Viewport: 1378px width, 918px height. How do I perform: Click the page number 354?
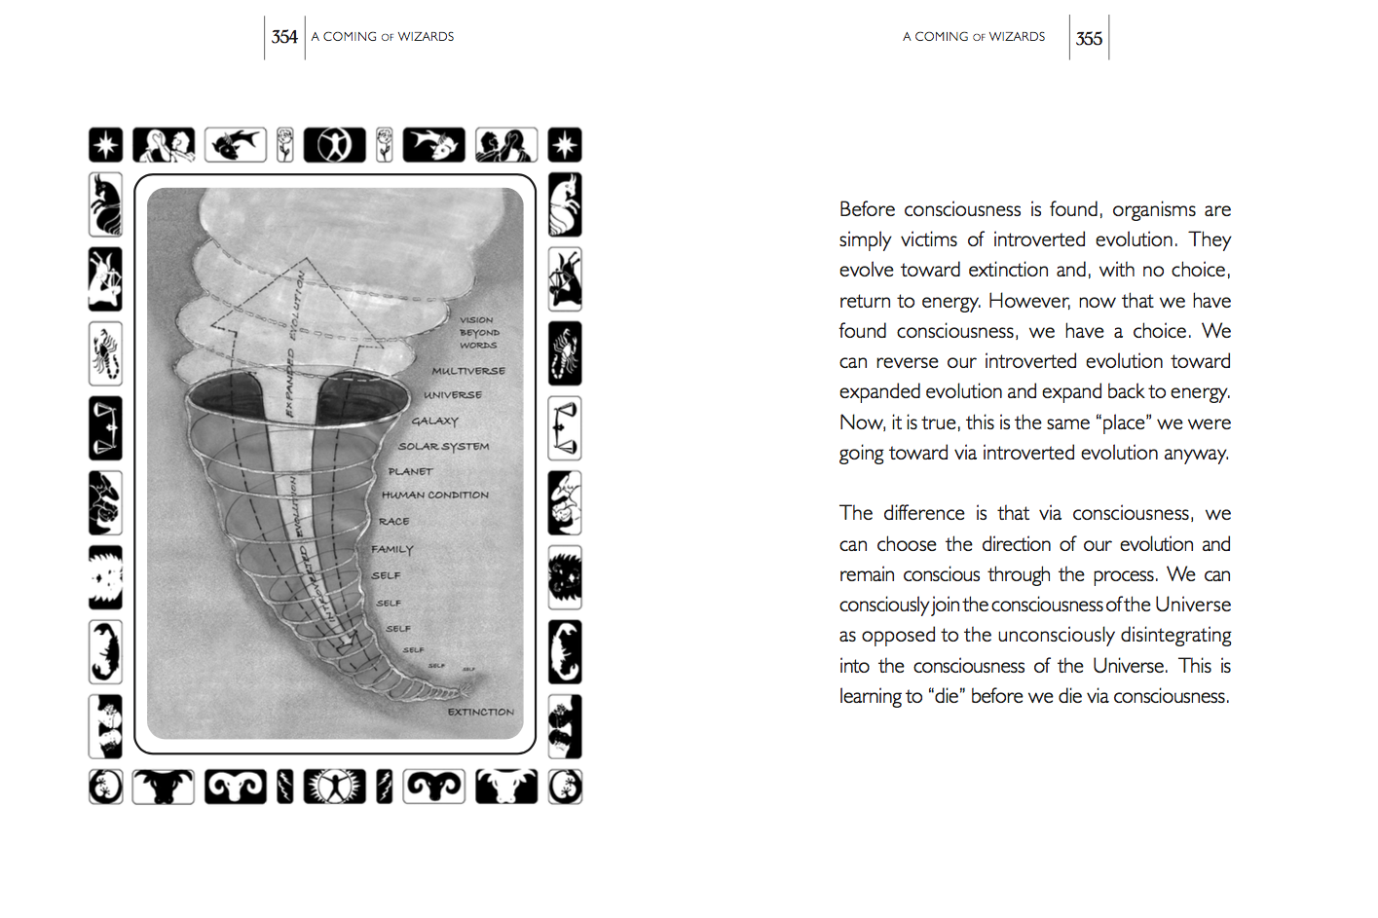click(284, 37)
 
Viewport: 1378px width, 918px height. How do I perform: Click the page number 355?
click(1089, 38)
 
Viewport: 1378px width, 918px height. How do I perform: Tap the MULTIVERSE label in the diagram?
click(468, 371)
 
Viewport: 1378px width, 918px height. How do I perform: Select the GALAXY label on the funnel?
click(434, 422)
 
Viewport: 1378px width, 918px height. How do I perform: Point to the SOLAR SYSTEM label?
click(443, 447)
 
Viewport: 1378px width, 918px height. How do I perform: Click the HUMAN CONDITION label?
click(435, 495)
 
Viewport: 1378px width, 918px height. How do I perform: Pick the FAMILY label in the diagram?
click(391, 549)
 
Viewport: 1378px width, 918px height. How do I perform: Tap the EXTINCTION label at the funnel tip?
click(480, 712)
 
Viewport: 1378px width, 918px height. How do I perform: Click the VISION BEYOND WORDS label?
click(478, 332)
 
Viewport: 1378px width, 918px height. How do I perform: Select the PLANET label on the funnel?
click(410, 471)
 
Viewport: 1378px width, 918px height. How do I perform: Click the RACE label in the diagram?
click(393, 522)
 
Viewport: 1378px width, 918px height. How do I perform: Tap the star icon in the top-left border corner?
click(106, 145)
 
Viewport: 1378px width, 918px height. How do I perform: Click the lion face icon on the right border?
click(565, 577)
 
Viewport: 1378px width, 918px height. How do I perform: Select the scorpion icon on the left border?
click(105, 353)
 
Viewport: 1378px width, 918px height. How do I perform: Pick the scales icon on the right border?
click(565, 428)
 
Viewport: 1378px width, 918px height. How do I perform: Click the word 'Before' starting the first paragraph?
click(867, 209)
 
